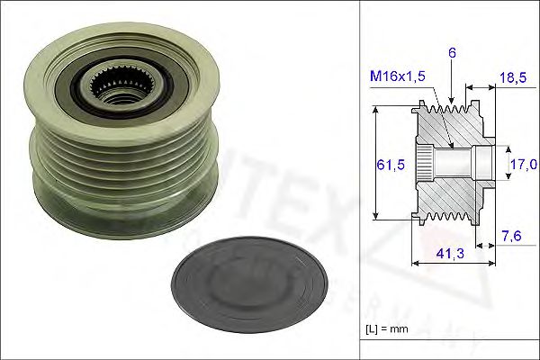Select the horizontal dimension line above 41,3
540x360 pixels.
click(455, 265)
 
